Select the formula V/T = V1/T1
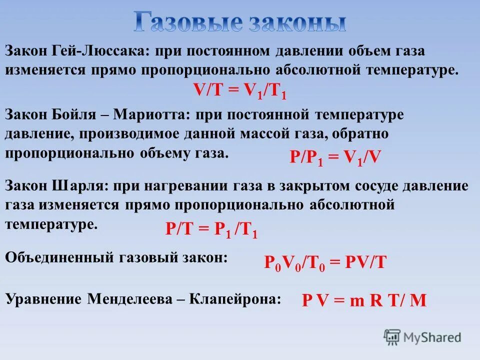[239, 91]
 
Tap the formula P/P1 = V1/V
[335, 158]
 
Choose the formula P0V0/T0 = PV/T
[325, 262]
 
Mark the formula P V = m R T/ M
[364, 300]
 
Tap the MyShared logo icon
[392, 336]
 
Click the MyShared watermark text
[432, 337]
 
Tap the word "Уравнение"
[43, 299]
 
